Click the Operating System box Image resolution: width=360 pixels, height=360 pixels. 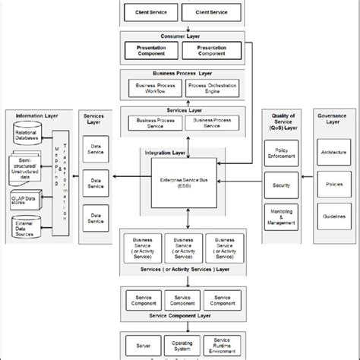[181, 344]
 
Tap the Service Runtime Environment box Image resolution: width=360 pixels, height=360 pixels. [223, 344]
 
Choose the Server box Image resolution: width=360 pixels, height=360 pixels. [143, 343]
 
